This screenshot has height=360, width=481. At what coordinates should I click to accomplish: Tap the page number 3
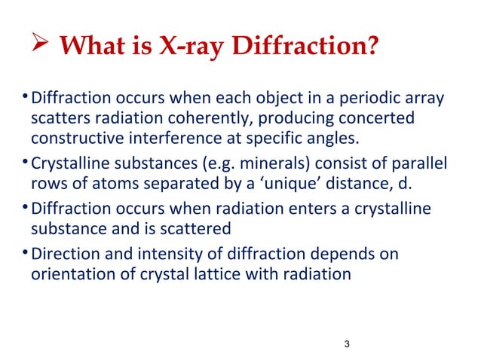click(x=346, y=345)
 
